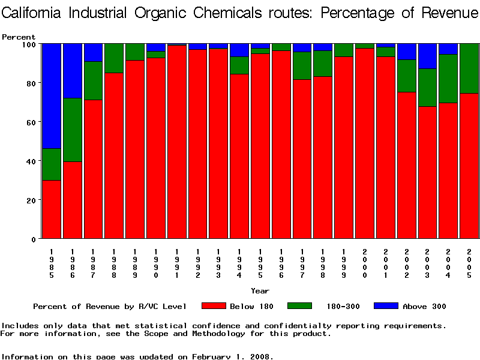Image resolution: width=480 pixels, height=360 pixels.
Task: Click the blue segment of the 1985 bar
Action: point(51,96)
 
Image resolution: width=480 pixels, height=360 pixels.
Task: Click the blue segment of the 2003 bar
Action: point(427,56)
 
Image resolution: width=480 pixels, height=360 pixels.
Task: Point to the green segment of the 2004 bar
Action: point(448,79)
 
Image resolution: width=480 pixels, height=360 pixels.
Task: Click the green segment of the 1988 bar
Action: point(114,58)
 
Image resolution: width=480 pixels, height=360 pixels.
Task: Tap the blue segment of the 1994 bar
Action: point(239,50)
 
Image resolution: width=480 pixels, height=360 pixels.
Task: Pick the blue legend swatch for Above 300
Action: point(385,306)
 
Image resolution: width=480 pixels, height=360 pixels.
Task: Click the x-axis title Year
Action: point(260,291)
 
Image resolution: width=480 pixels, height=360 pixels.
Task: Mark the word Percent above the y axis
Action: point(19,37)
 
